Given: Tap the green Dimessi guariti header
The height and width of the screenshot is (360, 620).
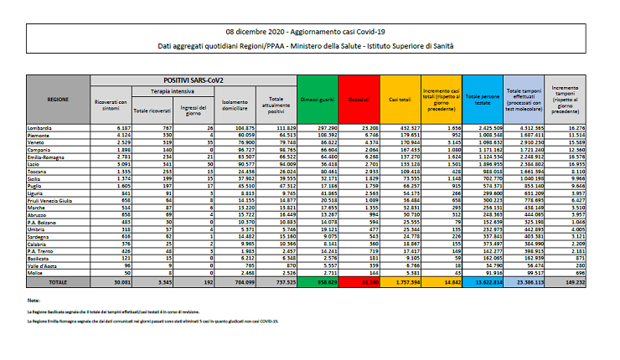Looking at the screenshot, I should coord(316,98).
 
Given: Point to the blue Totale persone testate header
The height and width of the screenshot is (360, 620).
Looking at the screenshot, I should coord(482,98).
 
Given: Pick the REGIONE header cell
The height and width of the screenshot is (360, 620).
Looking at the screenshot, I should coord(58,98).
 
